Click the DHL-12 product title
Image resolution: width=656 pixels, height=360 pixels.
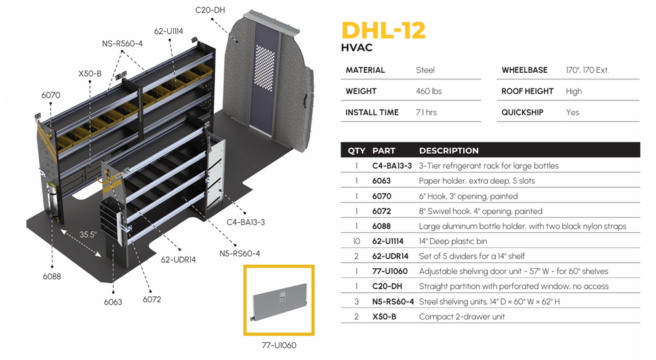384,31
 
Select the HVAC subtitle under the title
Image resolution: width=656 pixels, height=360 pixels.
357,48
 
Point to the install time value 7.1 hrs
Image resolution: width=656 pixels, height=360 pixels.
426,112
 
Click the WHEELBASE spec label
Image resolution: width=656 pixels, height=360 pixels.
524,70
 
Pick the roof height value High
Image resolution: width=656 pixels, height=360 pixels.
573,91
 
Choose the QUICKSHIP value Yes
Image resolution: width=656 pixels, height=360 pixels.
573,112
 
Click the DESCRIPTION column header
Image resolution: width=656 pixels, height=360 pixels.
449,150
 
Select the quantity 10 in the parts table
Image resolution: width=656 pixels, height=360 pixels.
356,241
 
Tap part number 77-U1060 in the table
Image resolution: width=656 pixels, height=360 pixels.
390,271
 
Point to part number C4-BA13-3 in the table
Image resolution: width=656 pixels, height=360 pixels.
392,165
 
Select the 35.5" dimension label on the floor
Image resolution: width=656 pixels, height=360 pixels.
88,234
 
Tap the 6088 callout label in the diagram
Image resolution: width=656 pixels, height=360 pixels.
51,276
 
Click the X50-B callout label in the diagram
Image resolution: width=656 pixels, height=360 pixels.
90,73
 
